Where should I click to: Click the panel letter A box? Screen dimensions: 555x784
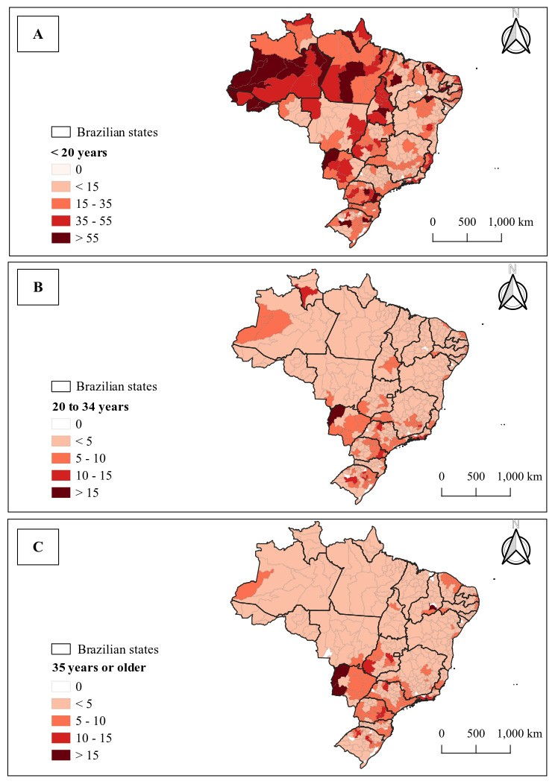coord(38,34)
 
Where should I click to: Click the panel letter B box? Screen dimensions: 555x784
coord(38,287)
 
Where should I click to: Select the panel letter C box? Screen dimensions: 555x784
coord(38,547)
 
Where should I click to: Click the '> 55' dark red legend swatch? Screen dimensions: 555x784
coord(60,238)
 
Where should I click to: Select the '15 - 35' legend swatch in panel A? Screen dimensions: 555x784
coord(60,204)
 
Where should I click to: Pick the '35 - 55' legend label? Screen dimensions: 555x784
coord(93,221)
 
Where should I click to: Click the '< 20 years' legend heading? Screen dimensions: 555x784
coord(79,153)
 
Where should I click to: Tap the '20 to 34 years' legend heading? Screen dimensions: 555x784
coord(90,406)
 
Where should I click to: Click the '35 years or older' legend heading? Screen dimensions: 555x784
coord(98,668)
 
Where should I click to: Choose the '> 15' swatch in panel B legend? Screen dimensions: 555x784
coord(60,493)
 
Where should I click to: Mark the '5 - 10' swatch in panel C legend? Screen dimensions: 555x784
coord(60,721)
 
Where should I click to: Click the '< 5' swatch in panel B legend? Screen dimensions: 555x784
coord(60,441)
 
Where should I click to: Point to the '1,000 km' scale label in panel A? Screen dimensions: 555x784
coord(511,221)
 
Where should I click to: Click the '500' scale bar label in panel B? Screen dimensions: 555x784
coord(476,476)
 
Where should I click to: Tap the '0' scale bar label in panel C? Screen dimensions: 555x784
coord(442,733)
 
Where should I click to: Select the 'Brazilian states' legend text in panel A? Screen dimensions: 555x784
coord(117,133)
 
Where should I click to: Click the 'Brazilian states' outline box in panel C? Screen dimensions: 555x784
coord(60,649)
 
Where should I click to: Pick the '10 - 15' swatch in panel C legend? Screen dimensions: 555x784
coord(60,738)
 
